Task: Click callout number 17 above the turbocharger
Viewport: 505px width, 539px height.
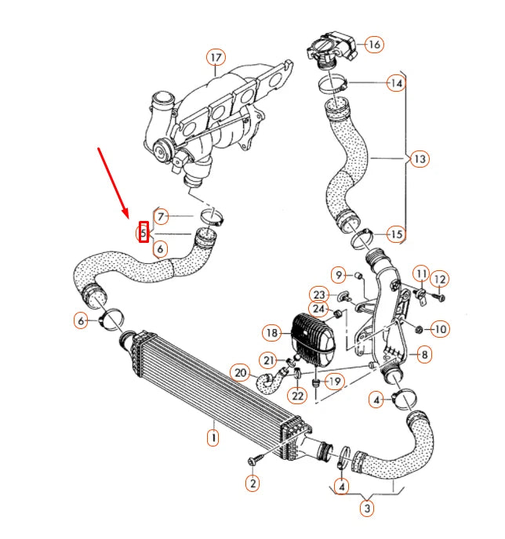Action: (x=216, y=57)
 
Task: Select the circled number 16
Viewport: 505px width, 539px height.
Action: (x=373, y=45)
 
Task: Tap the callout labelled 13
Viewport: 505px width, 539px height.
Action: (x=419, y=159)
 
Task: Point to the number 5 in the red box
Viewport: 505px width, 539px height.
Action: (x=144, y=233)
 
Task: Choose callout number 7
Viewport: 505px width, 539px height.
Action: (x=160, y=216)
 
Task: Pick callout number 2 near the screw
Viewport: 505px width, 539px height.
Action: (x=252, y=483)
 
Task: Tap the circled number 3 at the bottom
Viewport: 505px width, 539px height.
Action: (x=366, y=508)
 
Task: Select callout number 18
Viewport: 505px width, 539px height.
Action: (x=272, y=333)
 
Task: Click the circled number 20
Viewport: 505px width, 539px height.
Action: (x=241, y=373)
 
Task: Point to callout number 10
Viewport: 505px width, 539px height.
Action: (x=439, y=329)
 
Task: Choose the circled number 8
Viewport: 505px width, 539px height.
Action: (x=423, y=355)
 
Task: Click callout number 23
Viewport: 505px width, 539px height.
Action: (x=318, y=294)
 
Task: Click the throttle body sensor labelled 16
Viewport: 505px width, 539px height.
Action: (x=330, y=49)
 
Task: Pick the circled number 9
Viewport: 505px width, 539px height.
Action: (x=339, y=275)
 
